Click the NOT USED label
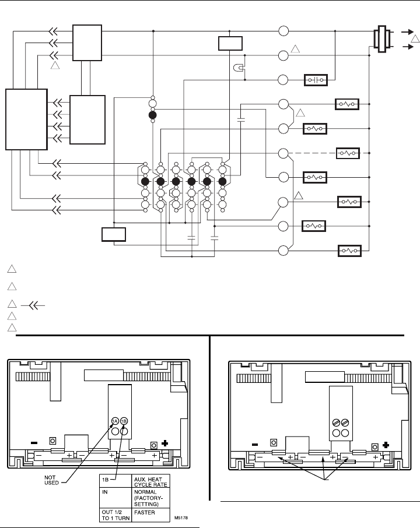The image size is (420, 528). (x=51, y=480)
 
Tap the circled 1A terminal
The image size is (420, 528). (x=115, y=421)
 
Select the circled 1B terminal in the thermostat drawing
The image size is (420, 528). (x=124, y=421)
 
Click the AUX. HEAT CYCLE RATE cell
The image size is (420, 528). (x=150, y=481)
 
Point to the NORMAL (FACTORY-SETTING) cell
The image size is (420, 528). (x=150, y=498)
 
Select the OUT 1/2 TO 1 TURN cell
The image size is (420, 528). (x=115, y=515)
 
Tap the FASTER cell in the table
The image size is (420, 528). (x=150, y=515)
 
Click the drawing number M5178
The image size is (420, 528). (x=181, y=518)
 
